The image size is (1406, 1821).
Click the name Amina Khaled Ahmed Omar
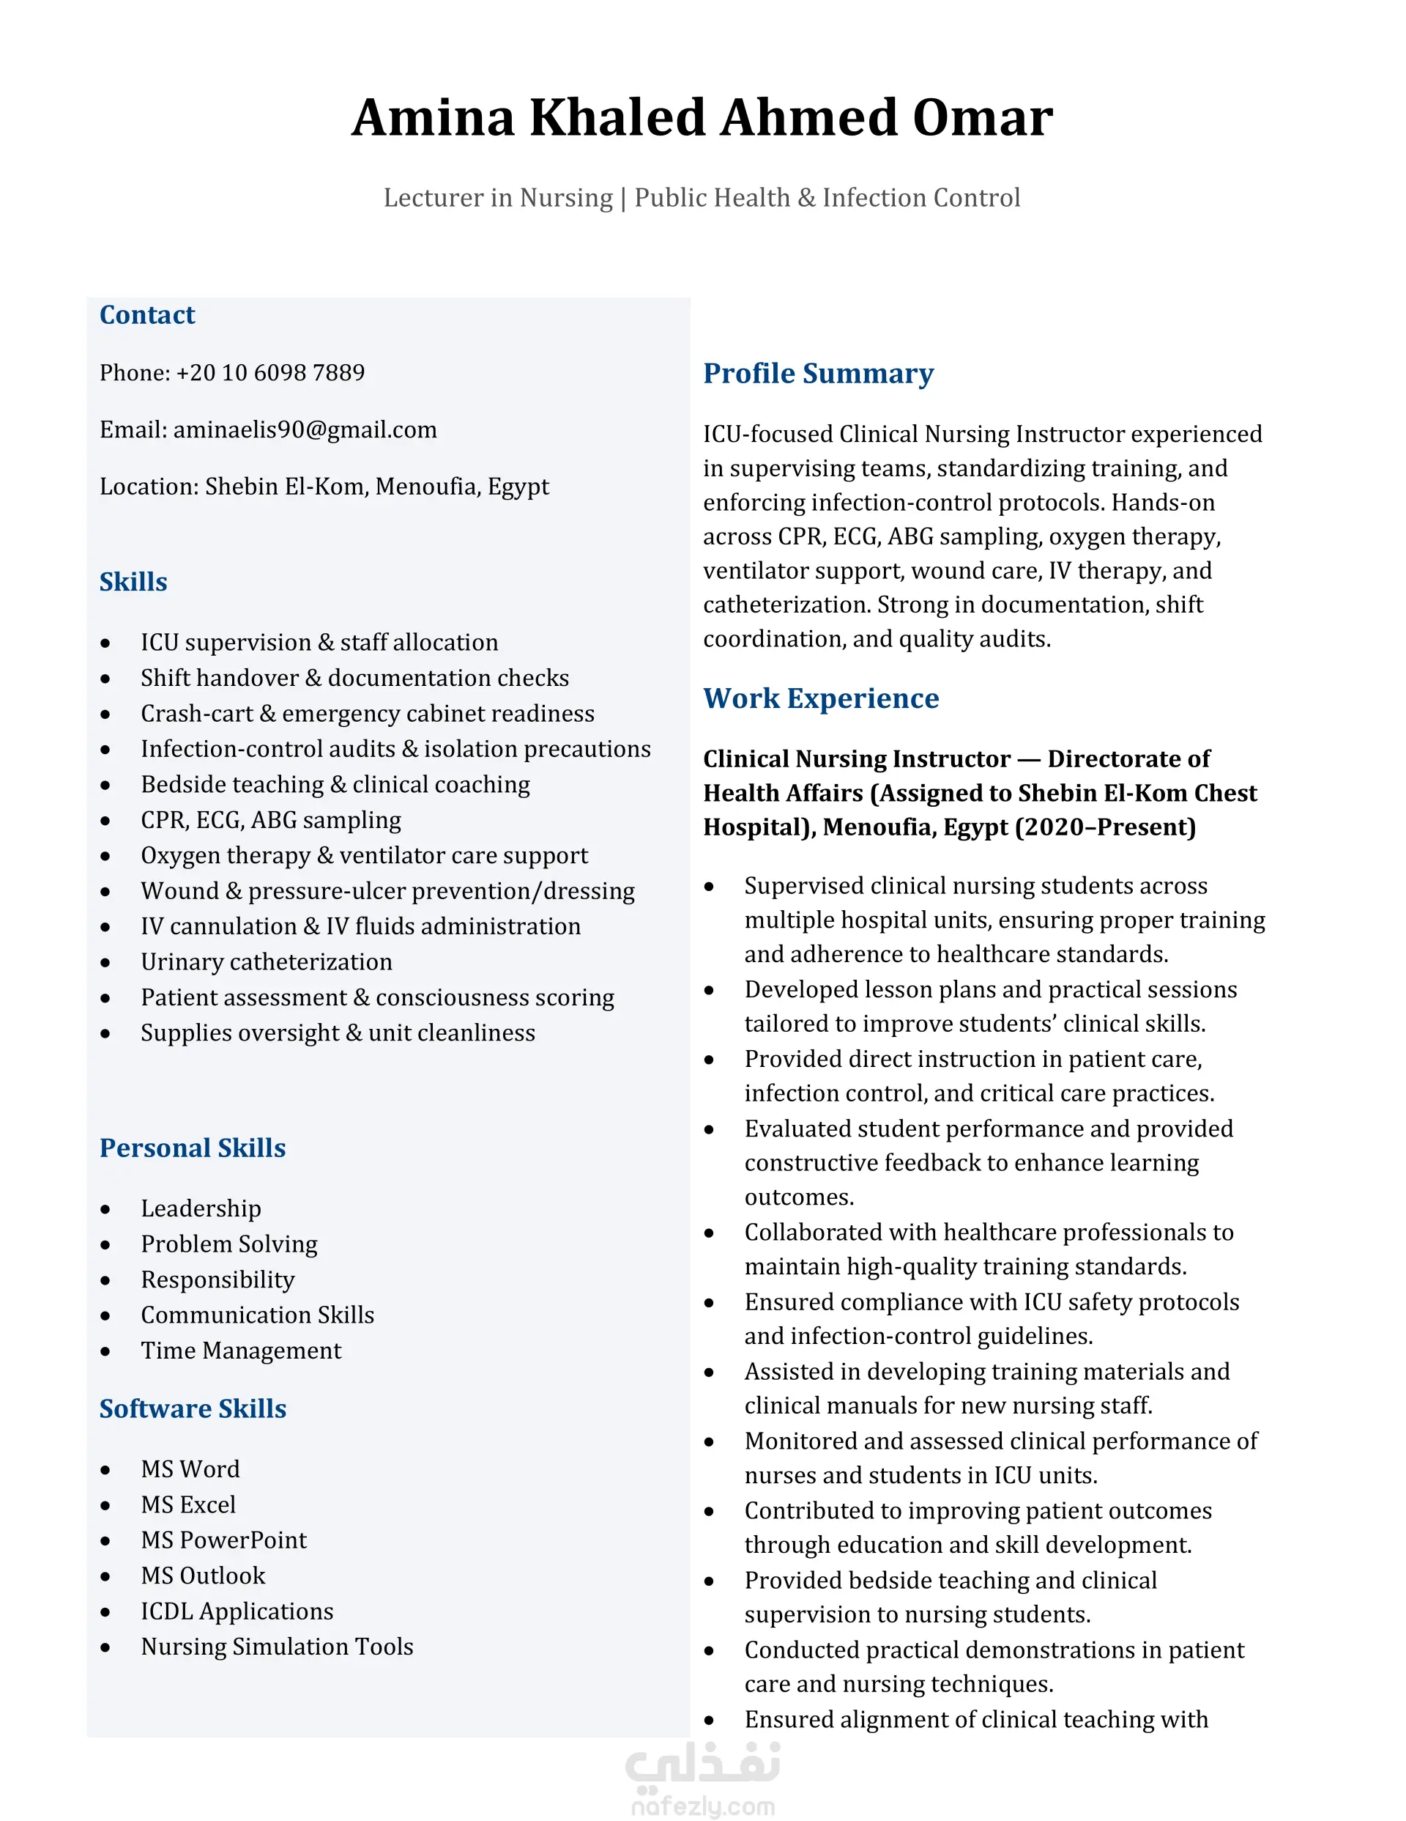702,117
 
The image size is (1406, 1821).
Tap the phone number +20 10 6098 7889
270,373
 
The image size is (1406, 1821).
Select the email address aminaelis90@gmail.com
304,429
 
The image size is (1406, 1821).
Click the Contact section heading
146,315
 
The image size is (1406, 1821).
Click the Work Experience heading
820,698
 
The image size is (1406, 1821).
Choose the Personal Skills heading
193,1148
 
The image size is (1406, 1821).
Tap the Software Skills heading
193,1408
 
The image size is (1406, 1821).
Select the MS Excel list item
188,1504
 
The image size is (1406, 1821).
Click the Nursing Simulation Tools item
277,1646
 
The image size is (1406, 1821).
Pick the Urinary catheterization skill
266,961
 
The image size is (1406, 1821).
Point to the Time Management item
241,1350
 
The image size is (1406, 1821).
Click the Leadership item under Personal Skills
201,1208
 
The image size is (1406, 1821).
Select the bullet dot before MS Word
105,1470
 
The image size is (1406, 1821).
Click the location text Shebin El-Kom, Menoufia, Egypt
376,486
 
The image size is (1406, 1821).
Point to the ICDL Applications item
237,1611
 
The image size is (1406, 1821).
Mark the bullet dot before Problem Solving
105,1245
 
